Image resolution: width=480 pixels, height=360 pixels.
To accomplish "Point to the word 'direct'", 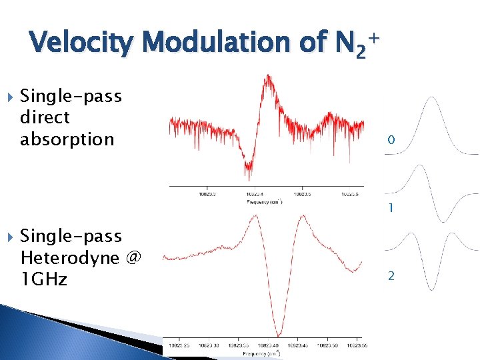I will [45, 118].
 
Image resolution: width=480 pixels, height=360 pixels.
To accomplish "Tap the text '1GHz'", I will [43, 279].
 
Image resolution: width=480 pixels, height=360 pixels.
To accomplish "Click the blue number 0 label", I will [391, 140].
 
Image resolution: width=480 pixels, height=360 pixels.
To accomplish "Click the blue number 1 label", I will [391, 209].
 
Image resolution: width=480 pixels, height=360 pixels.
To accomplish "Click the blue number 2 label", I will [391, 275].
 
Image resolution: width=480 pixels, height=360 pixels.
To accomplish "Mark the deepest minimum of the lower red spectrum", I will [279, 334].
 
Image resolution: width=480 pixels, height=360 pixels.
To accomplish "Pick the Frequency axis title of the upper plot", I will [265, 201].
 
